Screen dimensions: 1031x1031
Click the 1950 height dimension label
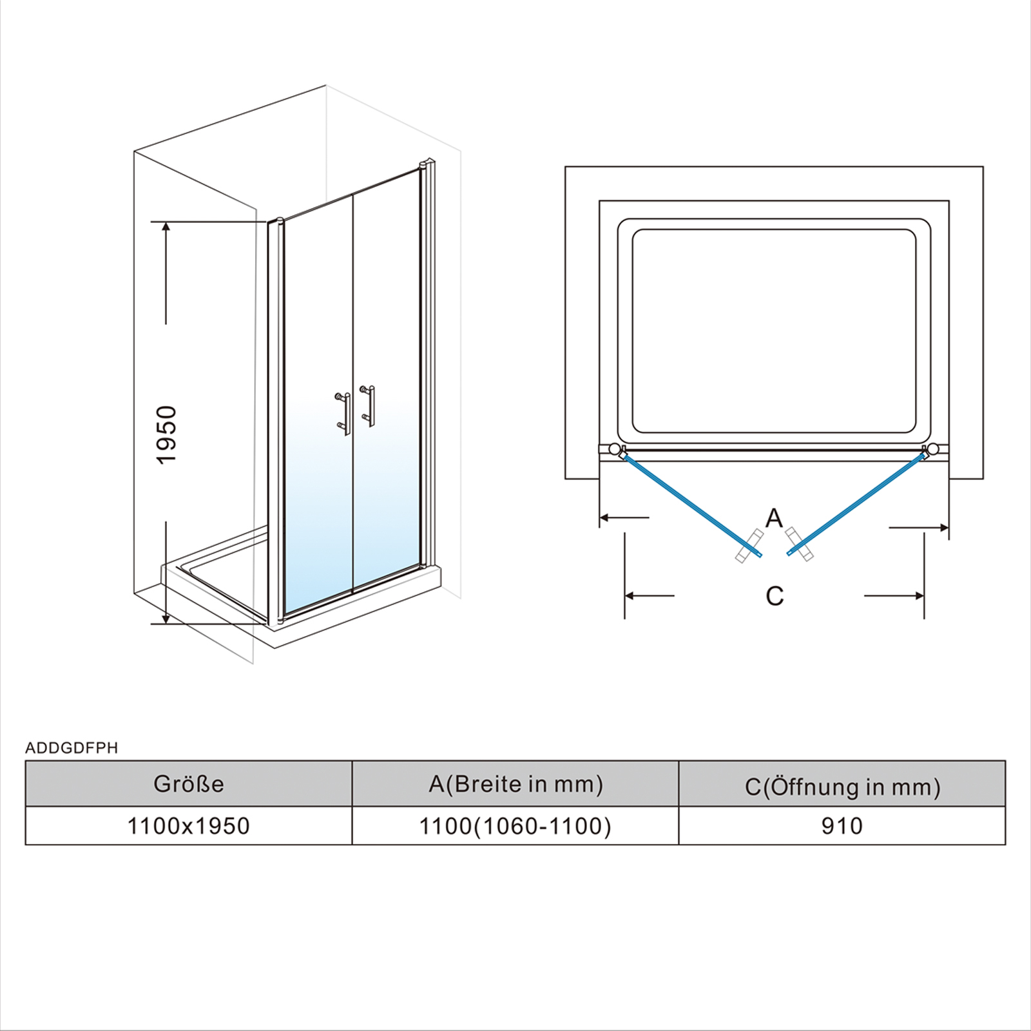pos(166,434)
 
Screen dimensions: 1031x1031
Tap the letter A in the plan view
pos(774,517)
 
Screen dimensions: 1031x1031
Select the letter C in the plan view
pos(775,596)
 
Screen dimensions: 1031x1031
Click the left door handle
pos(342,413)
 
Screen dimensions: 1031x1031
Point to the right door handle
pos(367,406)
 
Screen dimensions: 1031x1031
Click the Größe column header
pos(189,784)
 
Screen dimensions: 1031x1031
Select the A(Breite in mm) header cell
pos(515,784)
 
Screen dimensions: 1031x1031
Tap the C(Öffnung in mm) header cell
pos(842,784)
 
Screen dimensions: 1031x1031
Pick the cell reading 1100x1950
pos(189,825)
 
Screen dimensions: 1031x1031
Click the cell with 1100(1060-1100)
pos(515,825)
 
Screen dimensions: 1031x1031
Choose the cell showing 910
pos(842,825)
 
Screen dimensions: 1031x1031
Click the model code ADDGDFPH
pos(72,747)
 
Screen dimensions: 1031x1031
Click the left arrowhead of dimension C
pos(631,596)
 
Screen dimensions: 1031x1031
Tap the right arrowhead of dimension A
pos(943,528)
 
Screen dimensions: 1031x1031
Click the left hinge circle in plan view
pos(615,449)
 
